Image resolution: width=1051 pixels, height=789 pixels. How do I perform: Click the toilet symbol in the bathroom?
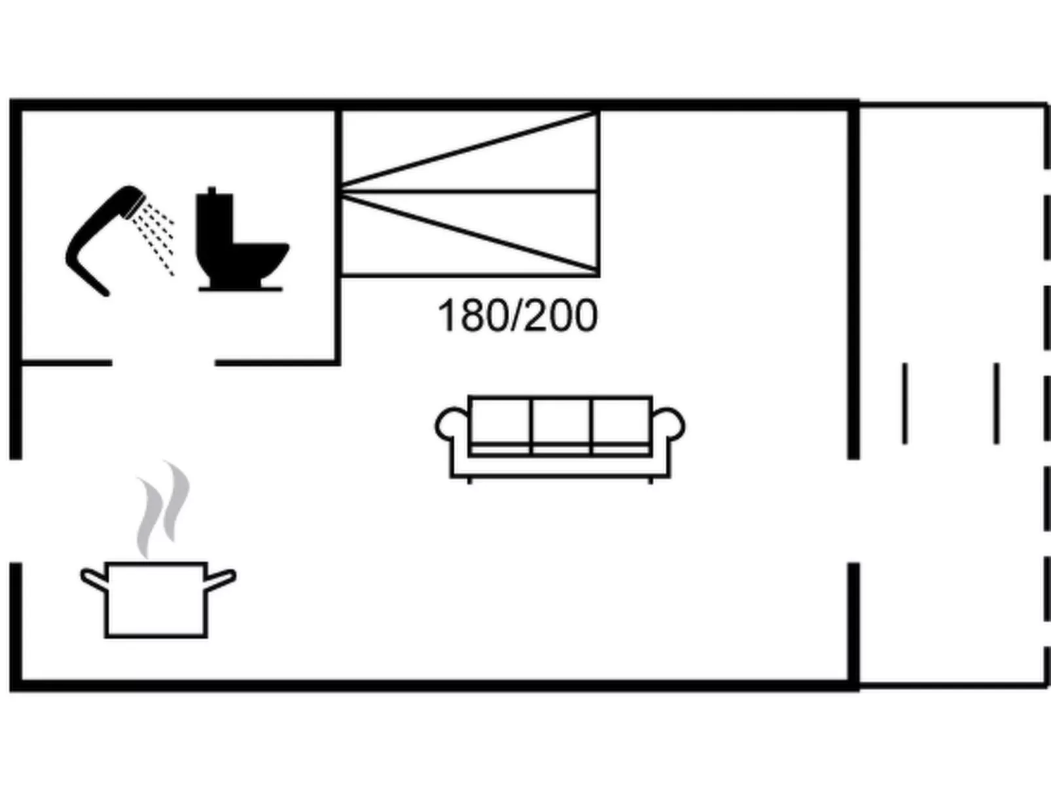coord(240,244)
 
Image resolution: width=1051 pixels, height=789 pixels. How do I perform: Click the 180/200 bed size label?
coord(517,316)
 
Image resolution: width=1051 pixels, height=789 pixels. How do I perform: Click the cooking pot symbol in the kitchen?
coord(156,598)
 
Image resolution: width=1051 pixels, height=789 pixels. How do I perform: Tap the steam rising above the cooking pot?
coord(164,507)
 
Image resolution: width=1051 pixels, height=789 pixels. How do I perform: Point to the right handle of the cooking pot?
coord(221,579)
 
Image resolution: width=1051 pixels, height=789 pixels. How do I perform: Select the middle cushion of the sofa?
coord(561,422)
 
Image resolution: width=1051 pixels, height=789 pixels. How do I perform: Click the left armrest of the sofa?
coord(452,426)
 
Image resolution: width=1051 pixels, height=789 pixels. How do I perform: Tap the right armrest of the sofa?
coord(669,426)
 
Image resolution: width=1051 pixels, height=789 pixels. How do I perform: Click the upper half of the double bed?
coord(469,152)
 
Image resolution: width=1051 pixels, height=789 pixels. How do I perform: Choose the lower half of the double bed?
coord(469,233)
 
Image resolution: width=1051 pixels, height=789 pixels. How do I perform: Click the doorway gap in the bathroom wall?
coord(163,362)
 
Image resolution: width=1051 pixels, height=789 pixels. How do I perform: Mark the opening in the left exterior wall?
coord(16,510)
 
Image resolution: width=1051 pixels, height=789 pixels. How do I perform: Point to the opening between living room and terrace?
coord(853,510)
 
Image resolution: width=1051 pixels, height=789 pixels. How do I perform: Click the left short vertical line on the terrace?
coord(904,403)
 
